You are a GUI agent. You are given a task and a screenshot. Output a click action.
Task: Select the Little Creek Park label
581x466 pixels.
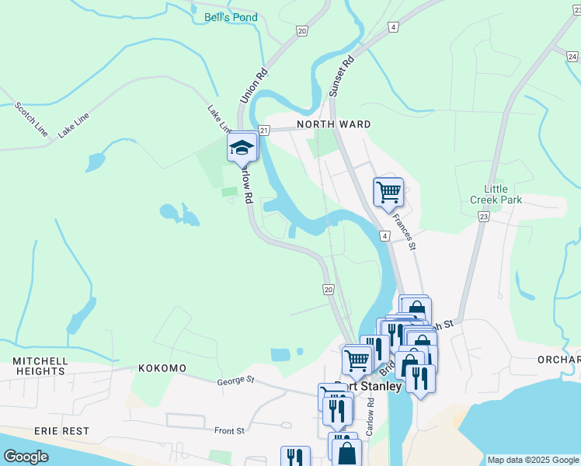[496, 194]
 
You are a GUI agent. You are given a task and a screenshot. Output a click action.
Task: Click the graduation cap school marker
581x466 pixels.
[242, 147]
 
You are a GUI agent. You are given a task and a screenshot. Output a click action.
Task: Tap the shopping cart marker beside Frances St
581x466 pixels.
[388, 191]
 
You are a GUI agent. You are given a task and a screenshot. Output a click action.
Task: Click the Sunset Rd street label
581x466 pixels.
[341, 75]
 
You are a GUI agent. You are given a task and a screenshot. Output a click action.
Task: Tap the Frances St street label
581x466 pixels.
[404, 232]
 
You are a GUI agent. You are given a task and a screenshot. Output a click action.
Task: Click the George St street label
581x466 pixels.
[236, 380]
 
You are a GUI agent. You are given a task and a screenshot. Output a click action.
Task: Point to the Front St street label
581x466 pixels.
[229, 430]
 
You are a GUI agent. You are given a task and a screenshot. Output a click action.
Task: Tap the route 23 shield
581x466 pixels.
[484, 218]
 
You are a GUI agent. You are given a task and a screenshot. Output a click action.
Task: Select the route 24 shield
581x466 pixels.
[572, 56]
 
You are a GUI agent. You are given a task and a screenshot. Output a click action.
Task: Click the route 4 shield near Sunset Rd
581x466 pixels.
[394, 27]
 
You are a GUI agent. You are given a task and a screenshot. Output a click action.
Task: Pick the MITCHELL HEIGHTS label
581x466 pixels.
[39, 366]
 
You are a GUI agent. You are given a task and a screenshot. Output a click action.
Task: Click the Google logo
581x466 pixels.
[26, 457]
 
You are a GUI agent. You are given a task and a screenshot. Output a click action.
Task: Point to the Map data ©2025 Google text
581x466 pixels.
[532, 460]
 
